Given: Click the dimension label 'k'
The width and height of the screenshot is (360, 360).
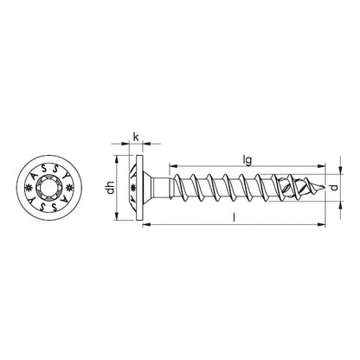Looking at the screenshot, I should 136,136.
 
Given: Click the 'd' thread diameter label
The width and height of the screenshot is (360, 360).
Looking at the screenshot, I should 341,187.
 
